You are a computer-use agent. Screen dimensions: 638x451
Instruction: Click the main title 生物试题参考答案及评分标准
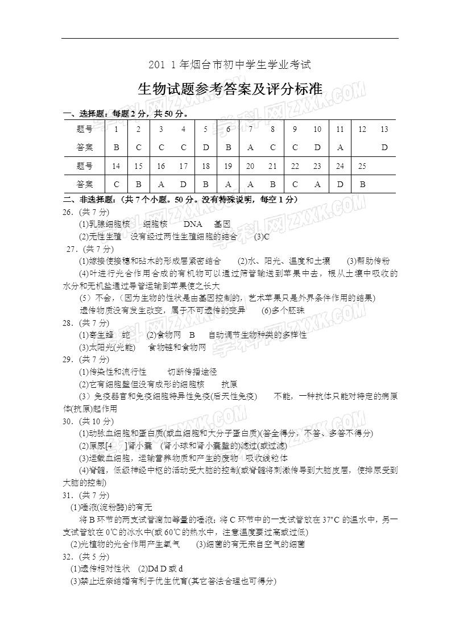[230, 89]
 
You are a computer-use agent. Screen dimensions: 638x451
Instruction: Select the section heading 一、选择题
[85, 114]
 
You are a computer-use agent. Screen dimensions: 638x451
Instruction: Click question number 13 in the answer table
[384, 129]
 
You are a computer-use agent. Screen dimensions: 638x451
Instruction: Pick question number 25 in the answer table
[362, 166]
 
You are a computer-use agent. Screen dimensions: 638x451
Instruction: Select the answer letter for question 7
[250, 147]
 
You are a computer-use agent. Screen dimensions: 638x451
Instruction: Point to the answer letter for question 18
[206, 184]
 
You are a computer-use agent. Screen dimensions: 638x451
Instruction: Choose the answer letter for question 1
[117, 147]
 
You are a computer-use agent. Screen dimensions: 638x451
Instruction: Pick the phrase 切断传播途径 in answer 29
[192, 372]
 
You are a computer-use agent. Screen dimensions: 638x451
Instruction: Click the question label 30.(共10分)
[88, 421]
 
